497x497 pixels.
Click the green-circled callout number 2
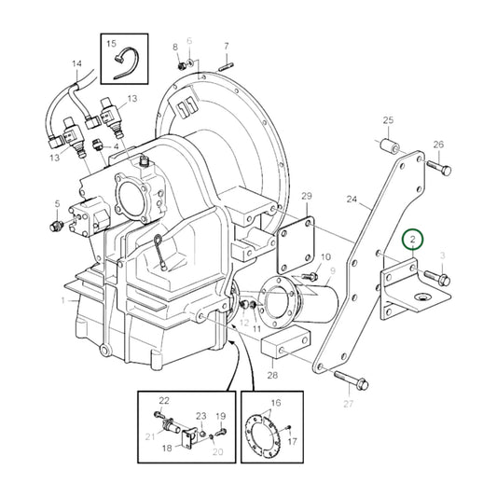click(x=412, y=242)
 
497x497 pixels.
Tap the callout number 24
click(x=352, y=199)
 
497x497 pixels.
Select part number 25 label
click(x=389, y=120)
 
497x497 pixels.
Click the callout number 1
click(x=62, y=300)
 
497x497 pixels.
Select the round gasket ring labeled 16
click(x=269, y=435)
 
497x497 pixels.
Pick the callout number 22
click(x=162, y=400)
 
